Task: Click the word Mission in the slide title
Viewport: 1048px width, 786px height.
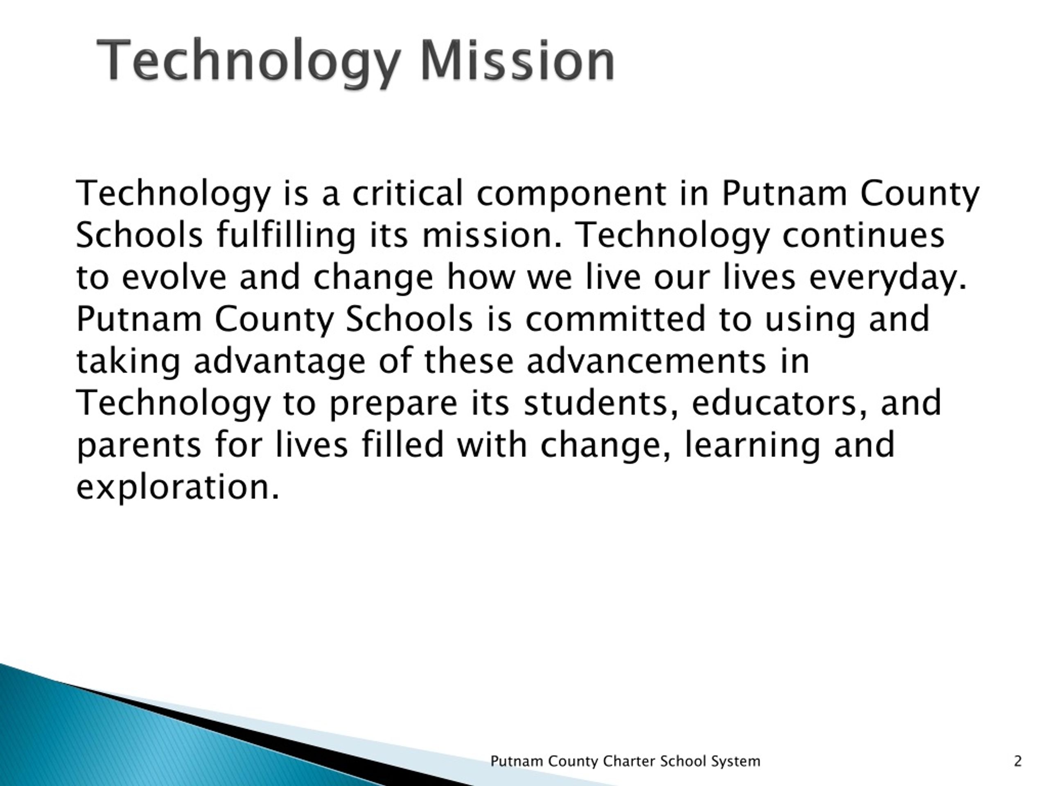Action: (x=517, y=61)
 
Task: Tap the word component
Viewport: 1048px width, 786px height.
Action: (x=571, y=194)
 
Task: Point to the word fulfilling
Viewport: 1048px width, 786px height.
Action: (x=286, y=235)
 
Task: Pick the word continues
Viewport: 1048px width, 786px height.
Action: (x=863, y=235)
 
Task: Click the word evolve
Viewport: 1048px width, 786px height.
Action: (x=174, y=277)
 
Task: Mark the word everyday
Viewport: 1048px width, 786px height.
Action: (x=888, y=278)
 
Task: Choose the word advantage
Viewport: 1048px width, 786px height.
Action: (x=280, y=361)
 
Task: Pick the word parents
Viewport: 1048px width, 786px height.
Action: (x=139, y=445)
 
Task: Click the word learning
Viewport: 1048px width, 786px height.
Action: (x=752, y=445)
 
